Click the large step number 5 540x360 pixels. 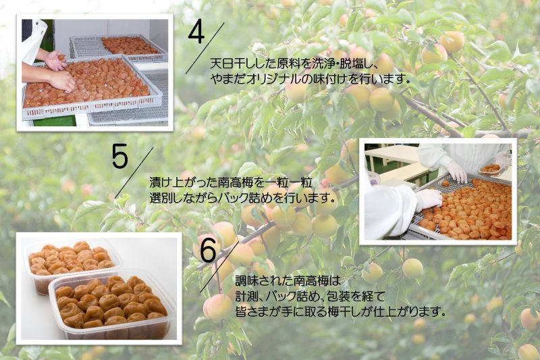120,157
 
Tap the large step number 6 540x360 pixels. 208,250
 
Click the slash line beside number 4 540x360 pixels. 205,48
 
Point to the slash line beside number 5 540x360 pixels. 134,173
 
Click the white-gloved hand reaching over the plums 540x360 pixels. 429,200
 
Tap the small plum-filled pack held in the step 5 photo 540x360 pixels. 489,170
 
